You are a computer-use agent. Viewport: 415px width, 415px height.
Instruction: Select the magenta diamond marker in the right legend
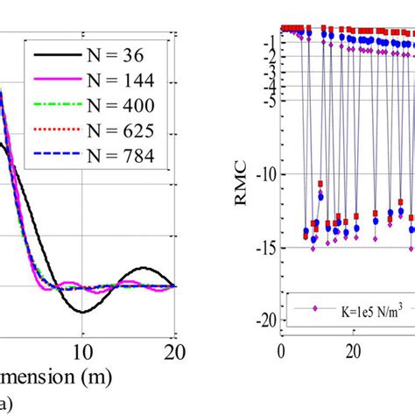(318, 309)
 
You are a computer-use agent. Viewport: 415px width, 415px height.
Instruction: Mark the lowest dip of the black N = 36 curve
(83, 312)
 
